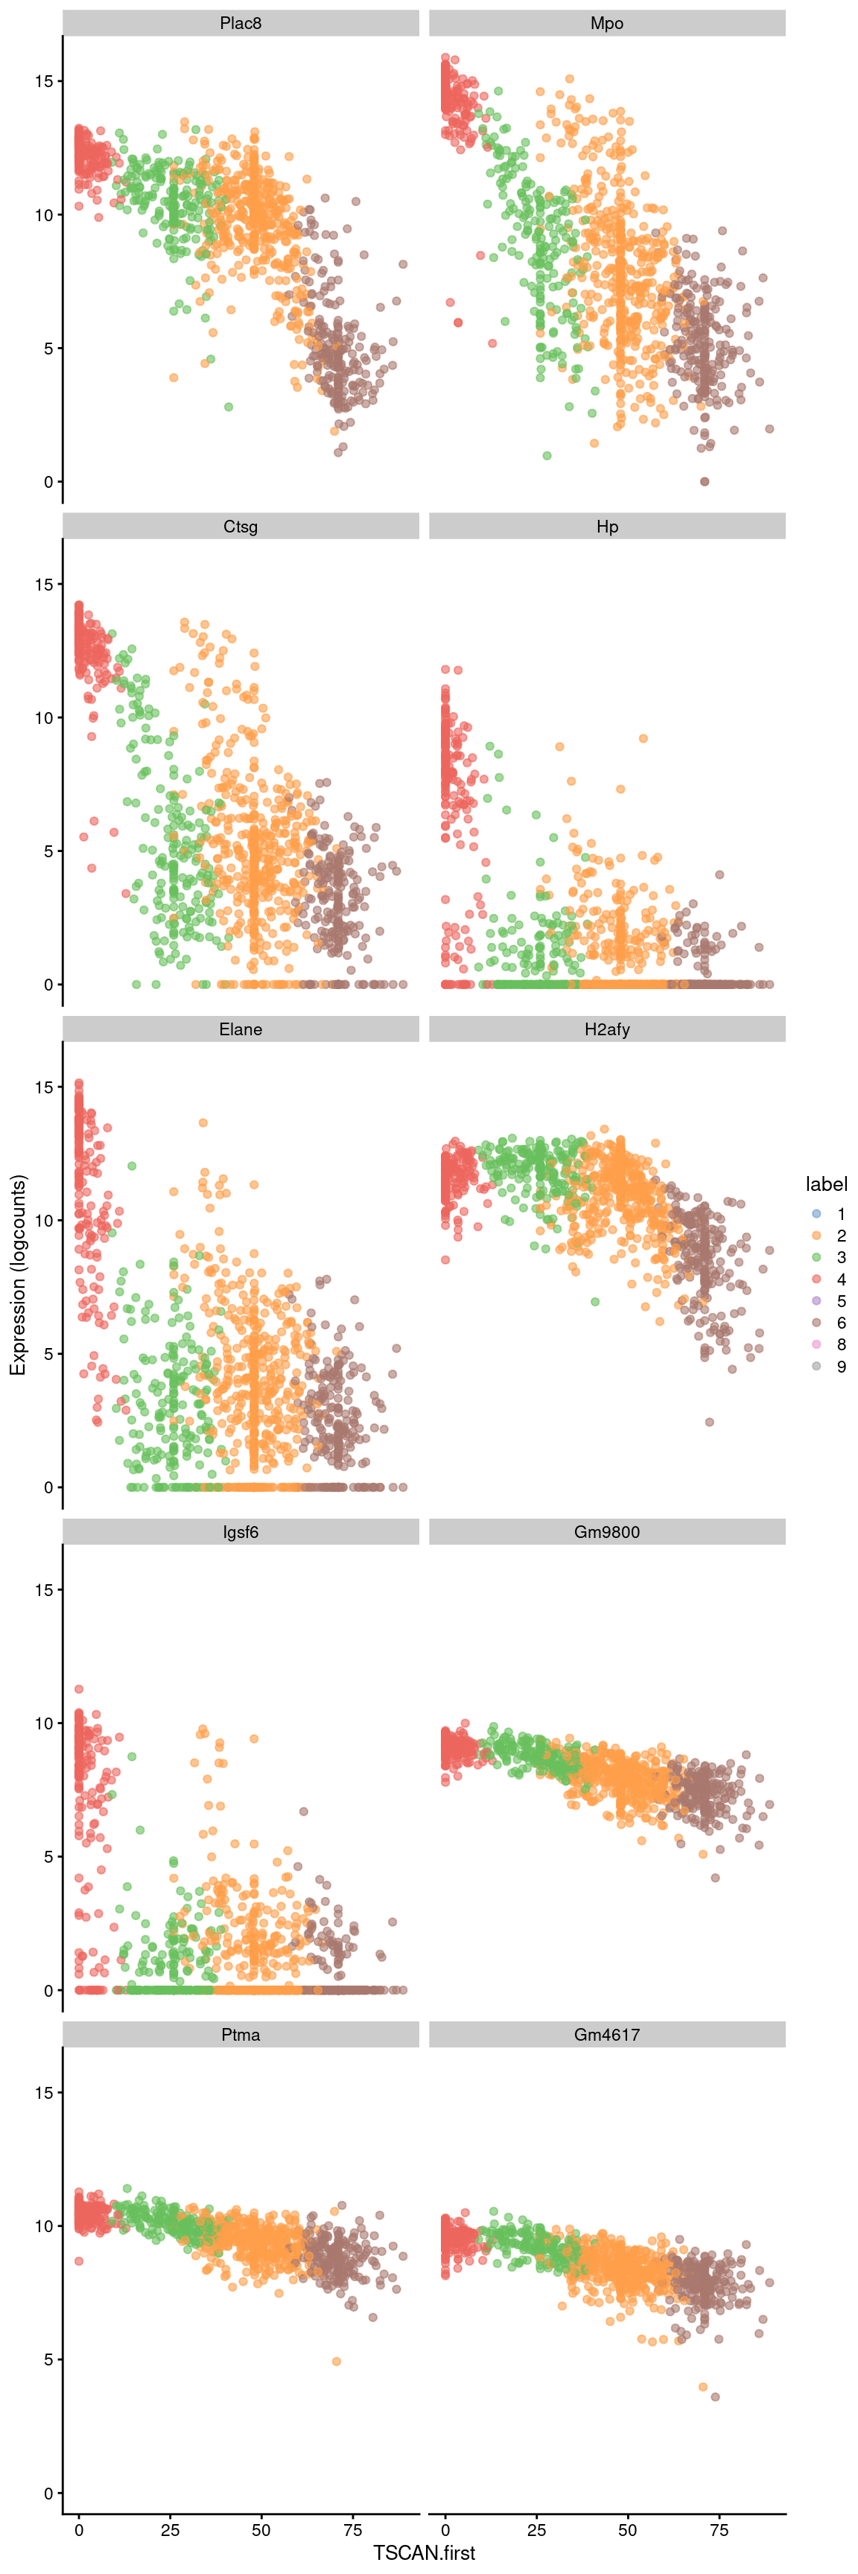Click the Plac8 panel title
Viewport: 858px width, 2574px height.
(x=241, y=23)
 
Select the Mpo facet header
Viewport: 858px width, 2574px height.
(x=606, y=23)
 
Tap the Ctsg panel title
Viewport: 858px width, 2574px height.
(x=241, y=527)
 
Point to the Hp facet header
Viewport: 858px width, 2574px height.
(x=606, y=527)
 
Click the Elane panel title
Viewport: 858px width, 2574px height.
(x=241, y=1029)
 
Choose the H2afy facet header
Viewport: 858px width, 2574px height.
(x=606, y=1029)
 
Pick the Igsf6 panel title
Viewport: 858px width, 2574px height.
(x=241, y=1532)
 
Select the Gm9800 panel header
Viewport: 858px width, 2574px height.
(x=606, y=1532)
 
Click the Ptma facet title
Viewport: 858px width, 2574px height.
(x=241, y=2035)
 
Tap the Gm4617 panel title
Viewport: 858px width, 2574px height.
(x=606, y=2035)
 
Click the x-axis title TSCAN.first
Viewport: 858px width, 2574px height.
(x=424, y=2553)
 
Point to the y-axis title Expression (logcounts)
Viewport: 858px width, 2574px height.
(x=18, y=1275)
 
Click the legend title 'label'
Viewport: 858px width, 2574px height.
(x=825, y=1184)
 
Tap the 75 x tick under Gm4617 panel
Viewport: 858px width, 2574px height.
(x=719, y=2530)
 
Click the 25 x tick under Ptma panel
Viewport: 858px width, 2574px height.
(x=171, y=2530)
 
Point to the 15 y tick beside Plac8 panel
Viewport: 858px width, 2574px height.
(x=43, y=81)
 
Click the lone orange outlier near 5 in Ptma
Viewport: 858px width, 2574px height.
(x=337, y=2361)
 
